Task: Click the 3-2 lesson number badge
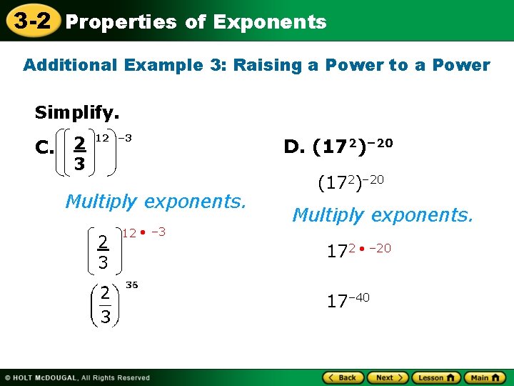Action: [x=30, y=20]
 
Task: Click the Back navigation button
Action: [x=343, y=377]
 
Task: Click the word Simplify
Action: [x=77, y=113]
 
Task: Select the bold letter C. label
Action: [x=45, y=149]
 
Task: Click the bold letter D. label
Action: [x=293, y=147]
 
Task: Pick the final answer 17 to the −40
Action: [x=348, y=301]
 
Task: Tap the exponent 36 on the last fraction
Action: [x=131, y=284]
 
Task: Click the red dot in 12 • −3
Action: [x=143, y=232]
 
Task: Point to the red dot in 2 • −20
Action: [x=363, y=249]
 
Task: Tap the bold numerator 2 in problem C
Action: [x=80, y=144]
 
